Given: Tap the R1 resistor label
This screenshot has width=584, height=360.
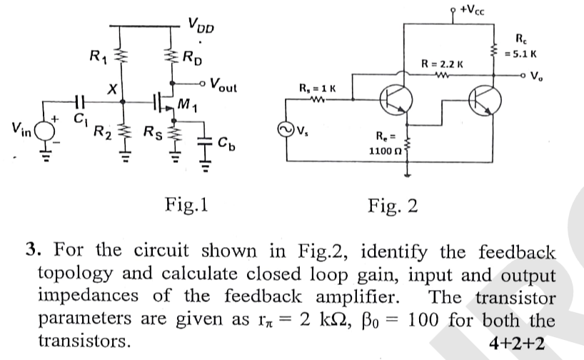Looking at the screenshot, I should (x=98, y=55).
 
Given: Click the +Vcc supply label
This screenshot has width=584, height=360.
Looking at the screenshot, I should (x=476, y=9).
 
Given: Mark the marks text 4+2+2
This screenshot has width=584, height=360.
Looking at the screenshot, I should (x=518, y=344).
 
